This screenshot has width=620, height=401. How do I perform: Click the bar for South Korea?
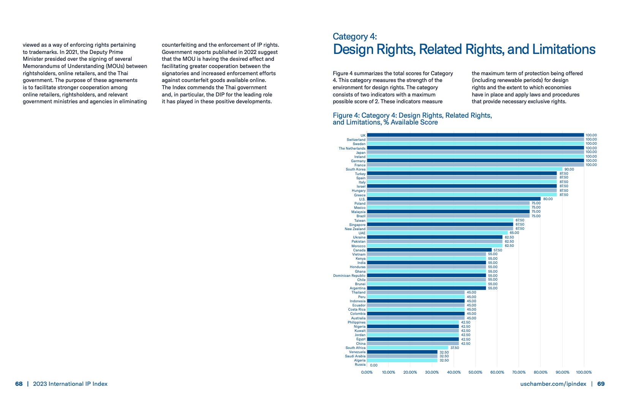464,169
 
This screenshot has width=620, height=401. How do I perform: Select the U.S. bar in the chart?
454,199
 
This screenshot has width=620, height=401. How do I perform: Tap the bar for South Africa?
407,348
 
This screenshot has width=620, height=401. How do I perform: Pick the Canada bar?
429,250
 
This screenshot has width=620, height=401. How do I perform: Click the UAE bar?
437,233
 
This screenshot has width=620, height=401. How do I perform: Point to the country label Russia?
360,365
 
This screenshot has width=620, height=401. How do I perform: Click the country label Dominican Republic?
349,276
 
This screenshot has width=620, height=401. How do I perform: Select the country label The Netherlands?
352,148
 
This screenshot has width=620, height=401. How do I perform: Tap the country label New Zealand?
355,229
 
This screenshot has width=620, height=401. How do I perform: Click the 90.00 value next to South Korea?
569,169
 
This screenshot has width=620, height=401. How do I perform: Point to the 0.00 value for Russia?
374,365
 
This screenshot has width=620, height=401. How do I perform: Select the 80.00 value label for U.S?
548,199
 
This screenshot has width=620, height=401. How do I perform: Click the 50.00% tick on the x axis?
475,373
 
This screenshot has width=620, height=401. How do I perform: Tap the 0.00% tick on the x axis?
367,373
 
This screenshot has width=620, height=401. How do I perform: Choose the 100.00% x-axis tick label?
584,373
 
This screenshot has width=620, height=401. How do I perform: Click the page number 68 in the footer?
19,384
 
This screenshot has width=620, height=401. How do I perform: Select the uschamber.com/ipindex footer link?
553,384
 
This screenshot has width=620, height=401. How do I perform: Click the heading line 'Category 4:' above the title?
354,36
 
